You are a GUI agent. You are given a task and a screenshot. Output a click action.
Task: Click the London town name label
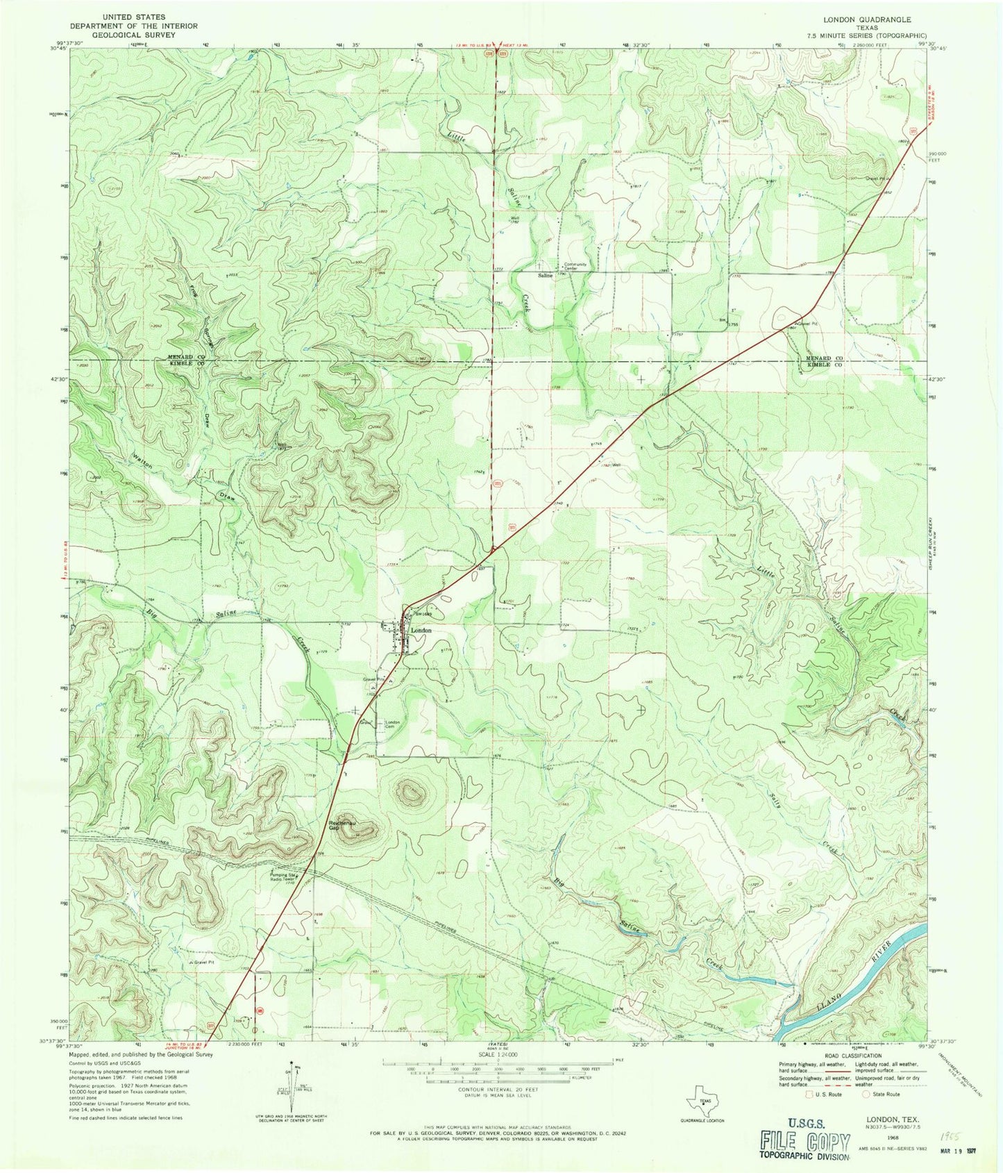pyautogui.click(x=421, y=631)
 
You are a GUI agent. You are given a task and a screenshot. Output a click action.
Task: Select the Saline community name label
pyautogui.click(x=545, y=275)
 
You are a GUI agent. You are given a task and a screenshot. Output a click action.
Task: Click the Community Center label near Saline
pyautogui.click(x=575, y=267)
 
